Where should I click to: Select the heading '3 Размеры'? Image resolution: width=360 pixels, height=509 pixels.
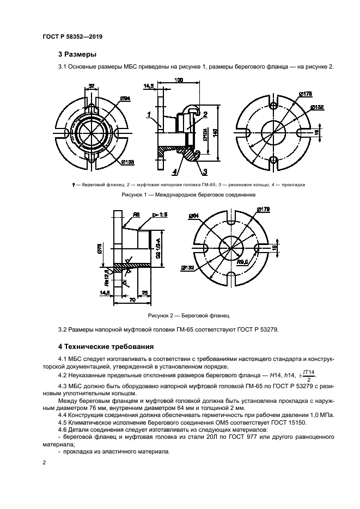tap(77, 54)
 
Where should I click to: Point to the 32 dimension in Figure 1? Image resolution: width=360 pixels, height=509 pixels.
tap(91, 86)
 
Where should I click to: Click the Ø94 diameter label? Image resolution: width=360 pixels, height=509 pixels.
tap(125, 99)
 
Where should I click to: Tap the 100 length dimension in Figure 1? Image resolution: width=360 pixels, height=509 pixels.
tap(178, 80)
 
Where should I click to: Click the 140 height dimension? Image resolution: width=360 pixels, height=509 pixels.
tap(216, 131)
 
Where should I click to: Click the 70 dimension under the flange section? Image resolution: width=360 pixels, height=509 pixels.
tap(131, 299)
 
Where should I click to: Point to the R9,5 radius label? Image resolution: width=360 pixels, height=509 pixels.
tap(242, 261)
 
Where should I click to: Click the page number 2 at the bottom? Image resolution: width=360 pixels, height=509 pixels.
tap(45, 462)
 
